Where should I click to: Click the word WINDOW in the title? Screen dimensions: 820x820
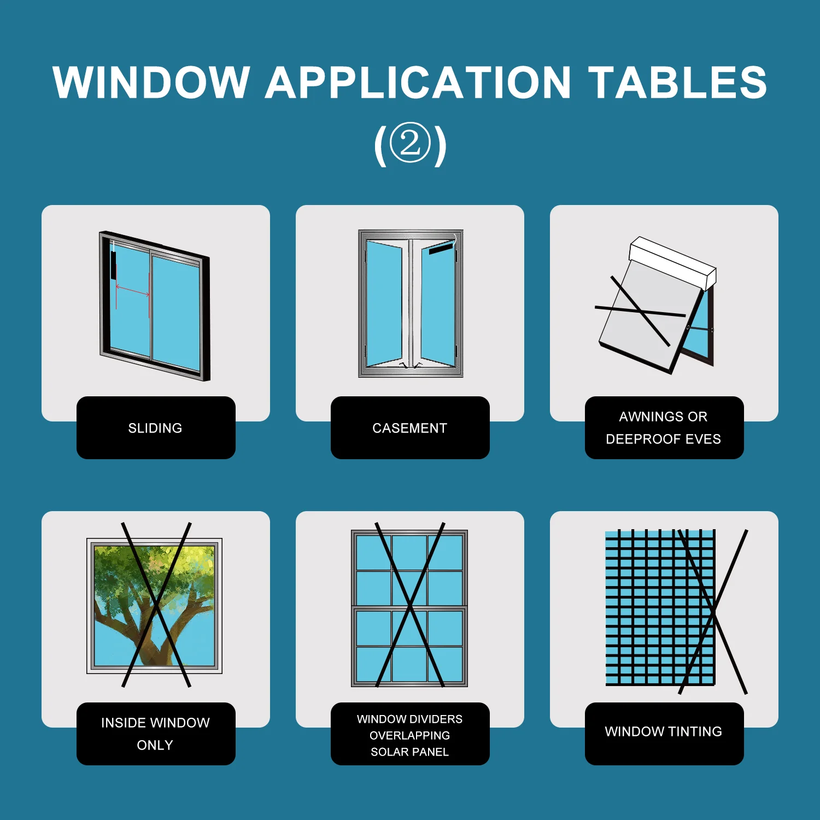(x=151, y=82)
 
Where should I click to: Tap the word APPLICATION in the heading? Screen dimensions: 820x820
(x=418, y=82)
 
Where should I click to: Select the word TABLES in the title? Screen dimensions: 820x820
(x=678, y=82)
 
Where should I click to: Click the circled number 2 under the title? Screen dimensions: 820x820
(x=410, y=143)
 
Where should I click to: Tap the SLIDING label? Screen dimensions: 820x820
(x=155, y=428)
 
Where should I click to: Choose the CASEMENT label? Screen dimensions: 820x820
(x=410, y=428)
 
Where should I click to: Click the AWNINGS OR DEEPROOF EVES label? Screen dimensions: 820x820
(x=664, y=427)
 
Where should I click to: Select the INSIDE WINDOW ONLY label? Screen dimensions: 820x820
(x=155, y=734)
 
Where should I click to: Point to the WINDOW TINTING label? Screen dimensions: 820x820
(x=664, y=731)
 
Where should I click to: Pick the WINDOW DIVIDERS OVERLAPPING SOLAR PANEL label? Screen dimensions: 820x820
(x=410, y=735)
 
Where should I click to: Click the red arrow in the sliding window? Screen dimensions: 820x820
(x=132, y=291)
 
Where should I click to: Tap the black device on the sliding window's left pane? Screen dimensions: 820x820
(x=113, y=265)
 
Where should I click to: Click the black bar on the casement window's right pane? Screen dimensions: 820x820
(x=441, y=249)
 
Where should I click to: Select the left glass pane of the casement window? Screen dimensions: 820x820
(x=384, y=303)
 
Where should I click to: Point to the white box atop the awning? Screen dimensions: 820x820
(x=672, y=262)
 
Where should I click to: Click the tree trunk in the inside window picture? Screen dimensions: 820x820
(x=156, y=634)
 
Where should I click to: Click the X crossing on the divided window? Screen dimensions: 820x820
(x=410, y=606)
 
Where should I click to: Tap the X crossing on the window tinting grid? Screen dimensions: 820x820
(x=714, y=612)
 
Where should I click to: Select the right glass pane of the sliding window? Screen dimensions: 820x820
(x=176, y=313)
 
